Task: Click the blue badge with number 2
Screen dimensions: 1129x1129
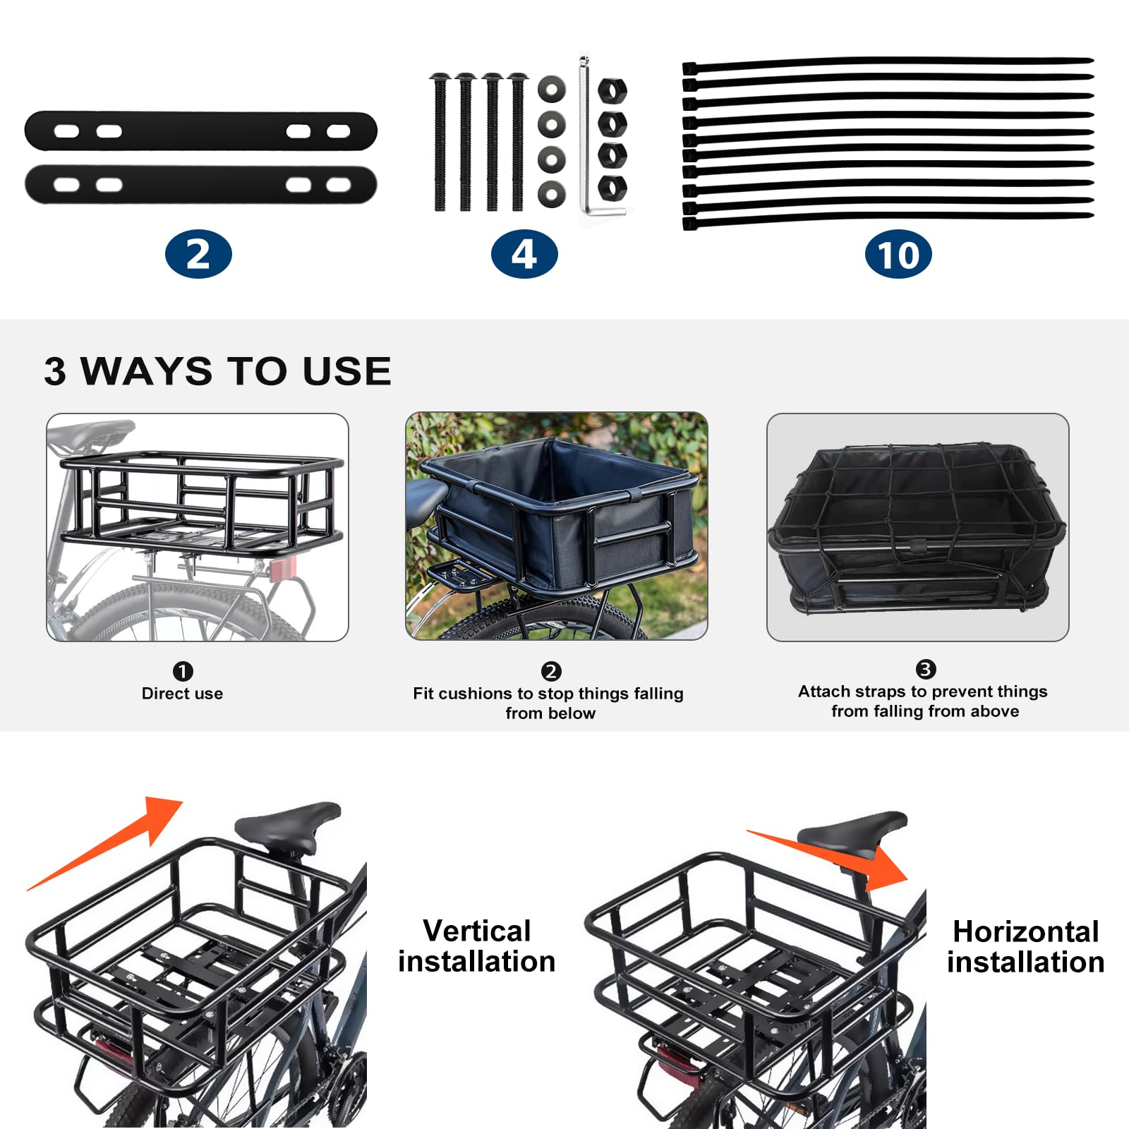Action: pos(198,254)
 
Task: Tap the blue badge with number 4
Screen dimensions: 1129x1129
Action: pos(524,254)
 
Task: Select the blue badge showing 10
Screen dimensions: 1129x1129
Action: pos(898,254)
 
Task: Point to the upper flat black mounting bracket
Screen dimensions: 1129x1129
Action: pos(201,131)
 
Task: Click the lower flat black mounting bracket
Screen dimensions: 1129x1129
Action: pos(201,185)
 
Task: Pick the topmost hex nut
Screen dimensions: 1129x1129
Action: pos(612,91)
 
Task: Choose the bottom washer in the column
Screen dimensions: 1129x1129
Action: pos(551,193)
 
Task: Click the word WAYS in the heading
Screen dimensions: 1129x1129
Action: pos(146,371)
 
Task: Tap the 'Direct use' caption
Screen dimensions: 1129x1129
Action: pos(182,694)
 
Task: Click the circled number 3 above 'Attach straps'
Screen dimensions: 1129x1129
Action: pos(925,669)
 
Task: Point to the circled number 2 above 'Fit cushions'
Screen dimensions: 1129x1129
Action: pos(551,671)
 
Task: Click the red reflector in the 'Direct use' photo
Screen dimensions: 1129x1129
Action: pos(283,569)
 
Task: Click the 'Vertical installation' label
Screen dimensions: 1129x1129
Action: pos(477,946)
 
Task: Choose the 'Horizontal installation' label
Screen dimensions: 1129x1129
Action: pos(1025,947)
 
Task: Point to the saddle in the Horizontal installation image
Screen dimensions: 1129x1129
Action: pos(857,829)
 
